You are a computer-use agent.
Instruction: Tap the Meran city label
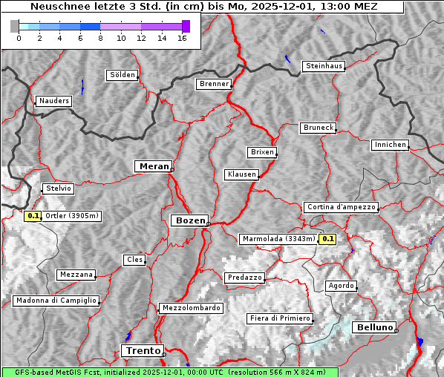[x=153, y=166]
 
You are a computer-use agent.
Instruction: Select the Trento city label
[x=142, y=350]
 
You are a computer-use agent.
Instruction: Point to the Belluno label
[x=374, y=327]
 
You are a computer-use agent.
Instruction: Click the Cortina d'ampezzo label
[x=341, y=207]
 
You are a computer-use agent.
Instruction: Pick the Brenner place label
[x=214, y=84]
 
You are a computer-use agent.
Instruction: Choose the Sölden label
[x=123, y=75]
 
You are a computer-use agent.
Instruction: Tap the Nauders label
[x=53, y=101]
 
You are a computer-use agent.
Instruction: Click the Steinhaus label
[x=324, y=66]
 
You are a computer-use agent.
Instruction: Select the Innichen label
[x=390, y=145]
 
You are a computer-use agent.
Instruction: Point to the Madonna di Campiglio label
[x=56, y=301]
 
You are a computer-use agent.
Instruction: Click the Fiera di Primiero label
[x=279, y=318]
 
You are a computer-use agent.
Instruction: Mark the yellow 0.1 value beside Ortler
[x=33, y=216]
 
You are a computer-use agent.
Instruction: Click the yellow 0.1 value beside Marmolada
[x=327, y=239]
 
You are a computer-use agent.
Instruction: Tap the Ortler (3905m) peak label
[x=72, y=216]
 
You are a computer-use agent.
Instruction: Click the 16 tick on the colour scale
[x=182, y=38]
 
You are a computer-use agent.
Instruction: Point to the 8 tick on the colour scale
[x=100, y=38]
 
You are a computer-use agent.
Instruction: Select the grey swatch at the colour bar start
[x=14, y=26]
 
